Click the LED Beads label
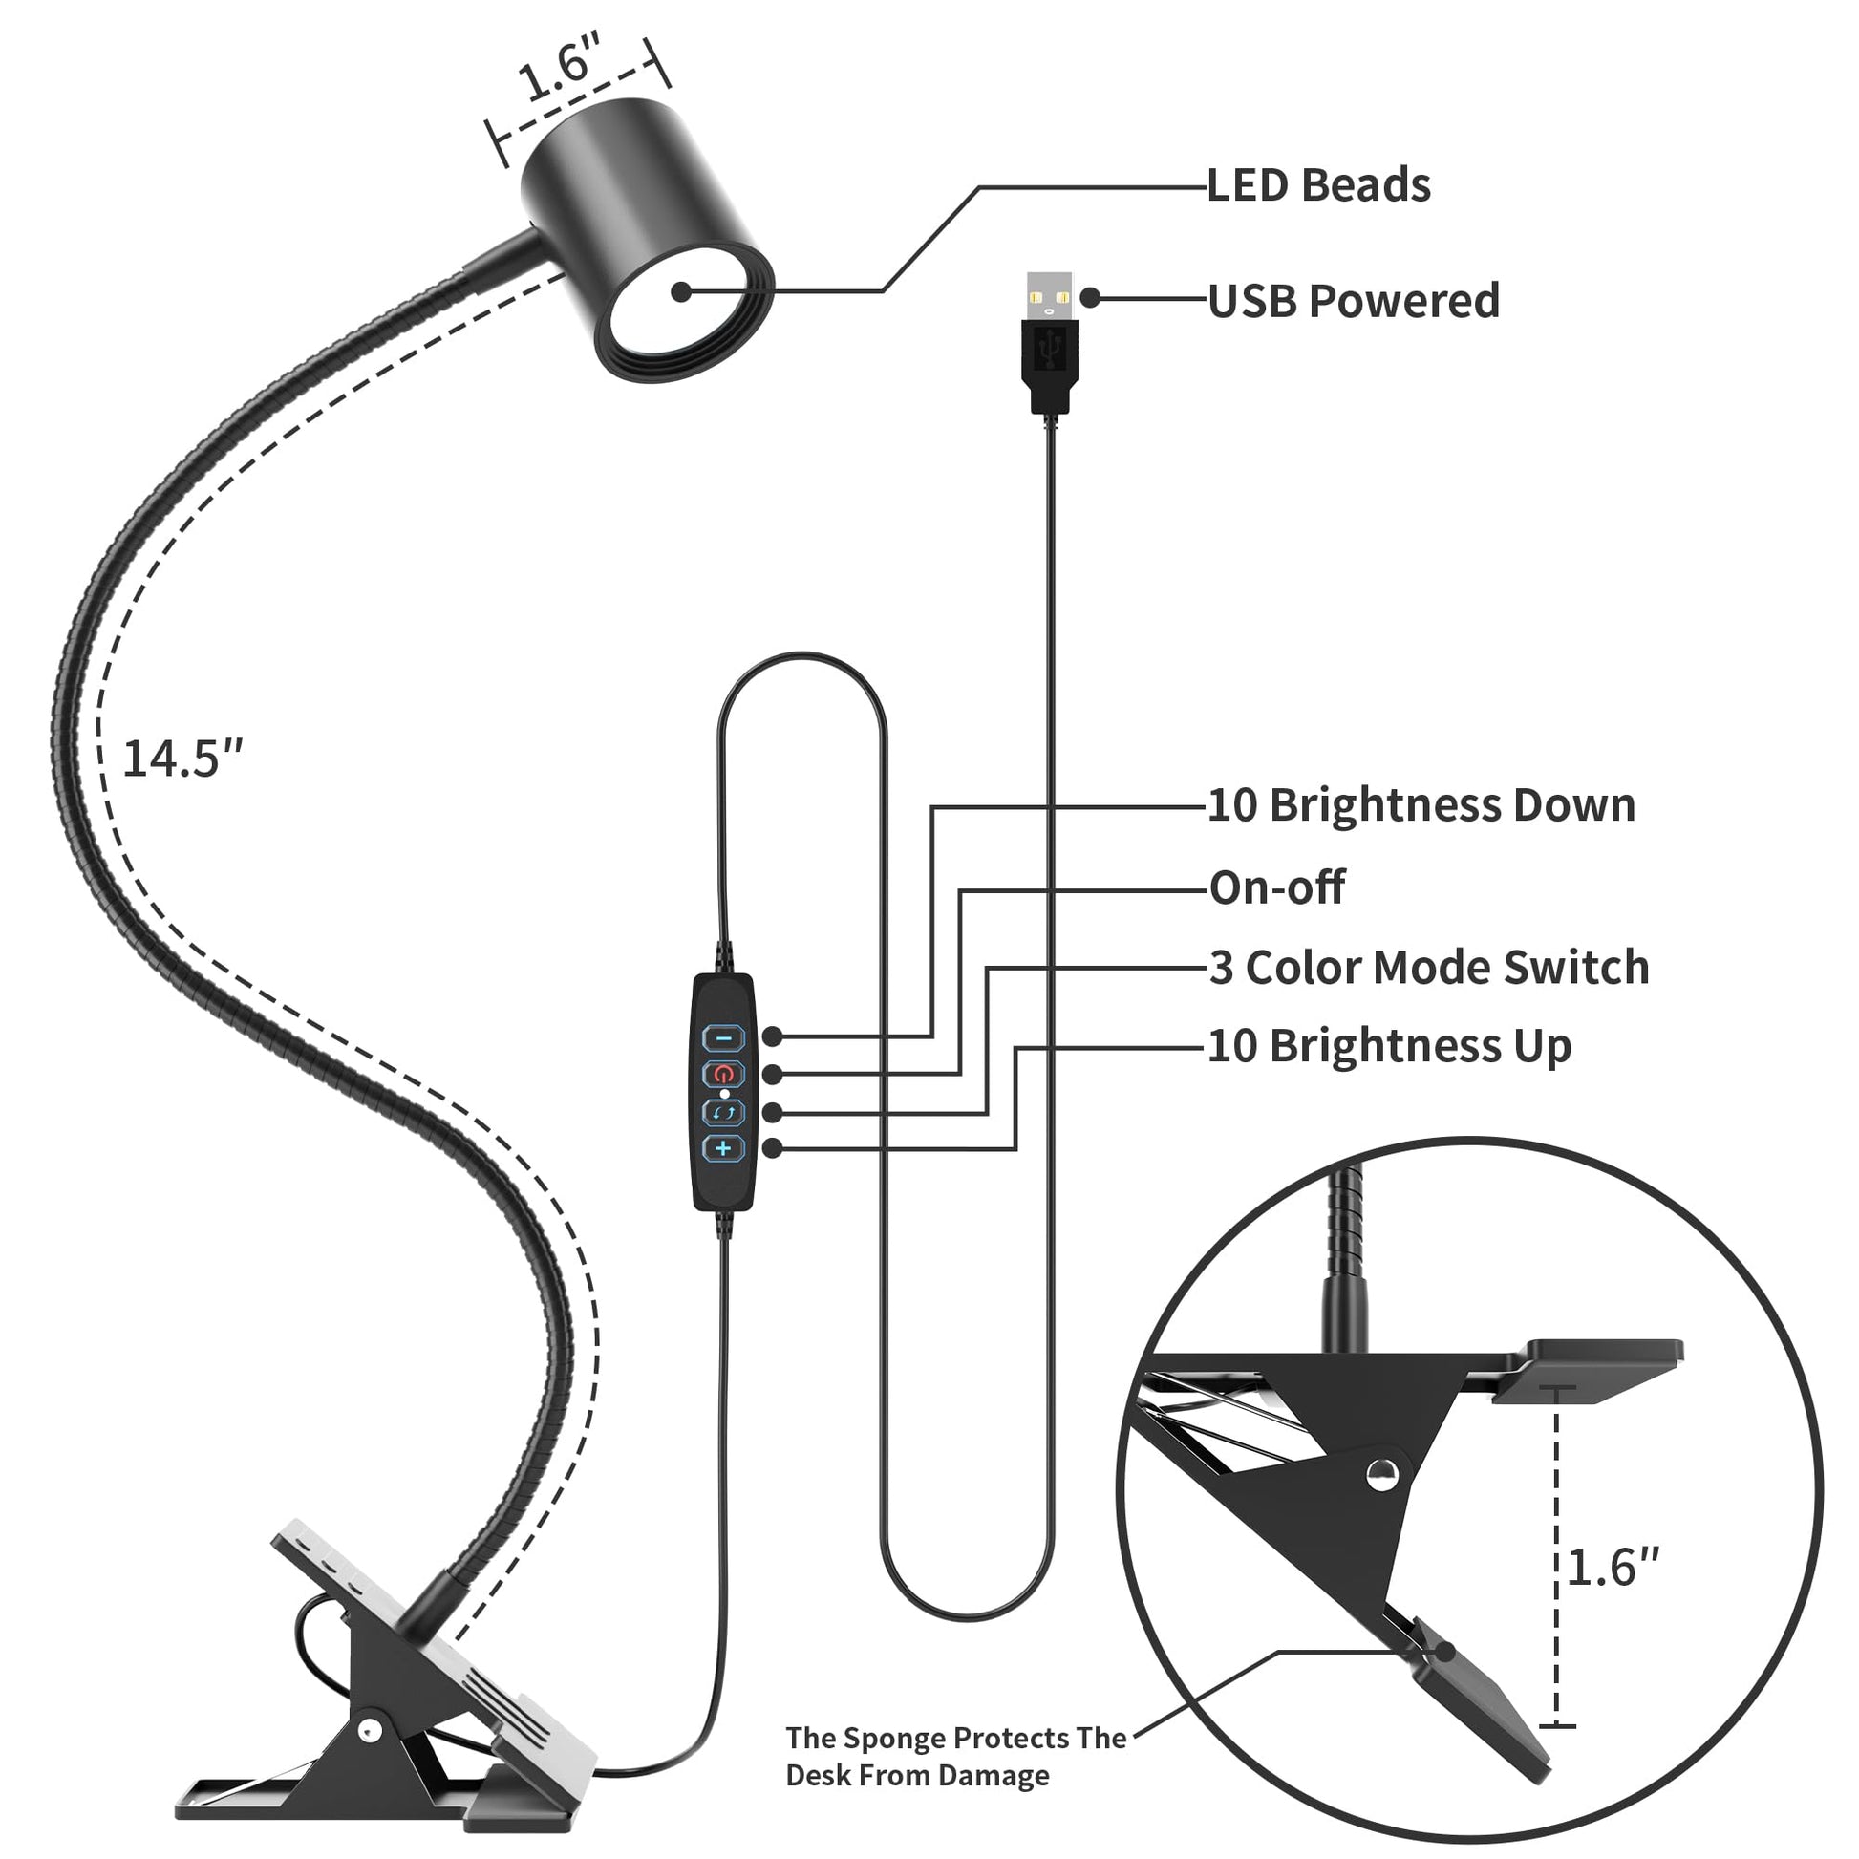click(x=1318, y=185)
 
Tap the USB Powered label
click(x=1353, y=301)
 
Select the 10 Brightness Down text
click(x=1421, y=805)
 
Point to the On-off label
click(x=1276, y=887)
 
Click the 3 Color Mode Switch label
click(x=1429, y=968)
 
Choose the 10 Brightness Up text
click(x=1389, y=1046)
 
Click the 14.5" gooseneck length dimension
click(x=182, y=759)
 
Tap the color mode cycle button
click(x=723, y=1112)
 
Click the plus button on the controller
click(x=723, y=1148)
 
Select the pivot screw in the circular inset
click(x=1381, y=1473)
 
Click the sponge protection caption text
click(x=954, y=1756)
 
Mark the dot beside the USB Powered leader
click(x=1090, y=298)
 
